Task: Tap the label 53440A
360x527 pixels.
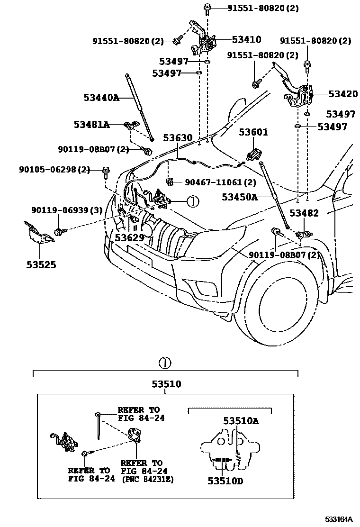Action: point(101,98)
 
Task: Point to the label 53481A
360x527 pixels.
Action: point(91,125)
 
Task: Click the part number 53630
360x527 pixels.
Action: point(178,138)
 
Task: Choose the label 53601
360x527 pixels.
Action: point(253,132)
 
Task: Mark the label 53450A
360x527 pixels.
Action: point(240,196)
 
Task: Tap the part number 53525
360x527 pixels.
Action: point(41,264)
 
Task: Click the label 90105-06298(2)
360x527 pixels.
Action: point(54,169)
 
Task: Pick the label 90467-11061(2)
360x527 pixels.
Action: point(220,182)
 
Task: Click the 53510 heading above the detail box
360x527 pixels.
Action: point(166,384)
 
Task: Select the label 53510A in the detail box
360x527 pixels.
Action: point(241,420)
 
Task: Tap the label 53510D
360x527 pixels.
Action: point(225,481)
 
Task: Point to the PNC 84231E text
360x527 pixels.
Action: point(147,479)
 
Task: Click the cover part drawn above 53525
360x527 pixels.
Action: point(38,235)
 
